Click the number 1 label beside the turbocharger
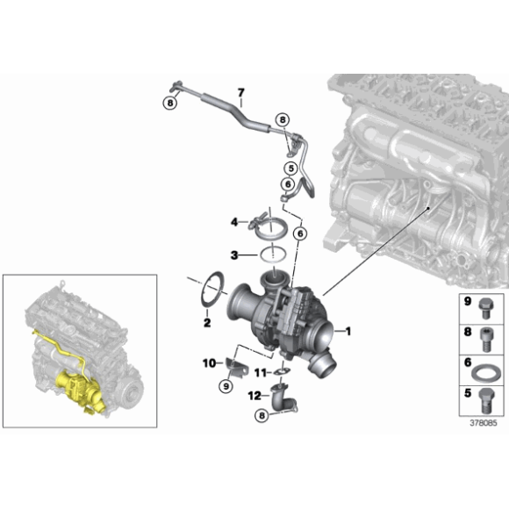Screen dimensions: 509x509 click(348, 331)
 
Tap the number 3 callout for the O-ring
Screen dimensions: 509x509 click(233, 255)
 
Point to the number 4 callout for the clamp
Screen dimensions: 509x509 click(235, 222)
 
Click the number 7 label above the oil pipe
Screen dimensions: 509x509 click(240, 91)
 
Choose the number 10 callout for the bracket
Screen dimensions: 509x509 click(210, 362)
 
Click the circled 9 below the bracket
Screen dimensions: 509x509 click(225, 384)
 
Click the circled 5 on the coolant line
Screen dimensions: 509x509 click(290, 165)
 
